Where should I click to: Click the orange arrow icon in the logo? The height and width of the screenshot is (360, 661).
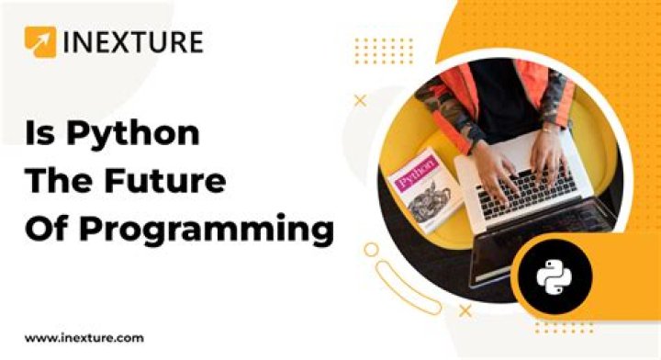39,42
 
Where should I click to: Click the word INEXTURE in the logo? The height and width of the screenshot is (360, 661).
132,42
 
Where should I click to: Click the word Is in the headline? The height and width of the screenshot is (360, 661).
39,134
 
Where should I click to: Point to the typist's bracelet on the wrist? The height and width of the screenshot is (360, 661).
549,132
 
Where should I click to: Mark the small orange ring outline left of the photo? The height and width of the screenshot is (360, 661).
370,249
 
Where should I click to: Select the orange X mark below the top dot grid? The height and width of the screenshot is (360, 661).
361,100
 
